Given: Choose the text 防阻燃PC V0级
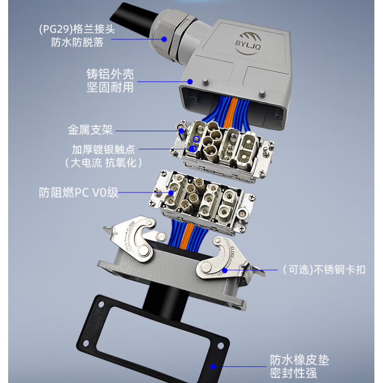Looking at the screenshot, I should [79, 193].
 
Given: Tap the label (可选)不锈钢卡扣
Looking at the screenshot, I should [324, 270].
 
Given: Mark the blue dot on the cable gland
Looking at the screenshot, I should [164, 40].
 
